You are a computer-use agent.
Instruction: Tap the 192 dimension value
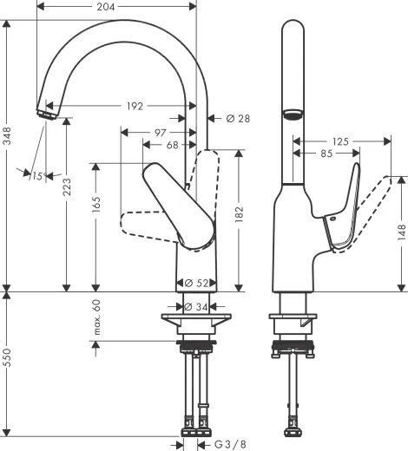tap(135, 107)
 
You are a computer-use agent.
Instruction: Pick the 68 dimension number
tap(173, 146)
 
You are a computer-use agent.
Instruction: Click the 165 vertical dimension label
tap(97, 205)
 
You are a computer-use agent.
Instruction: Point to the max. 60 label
tap(97, 319)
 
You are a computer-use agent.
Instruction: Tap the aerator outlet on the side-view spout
tap(293, 114)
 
